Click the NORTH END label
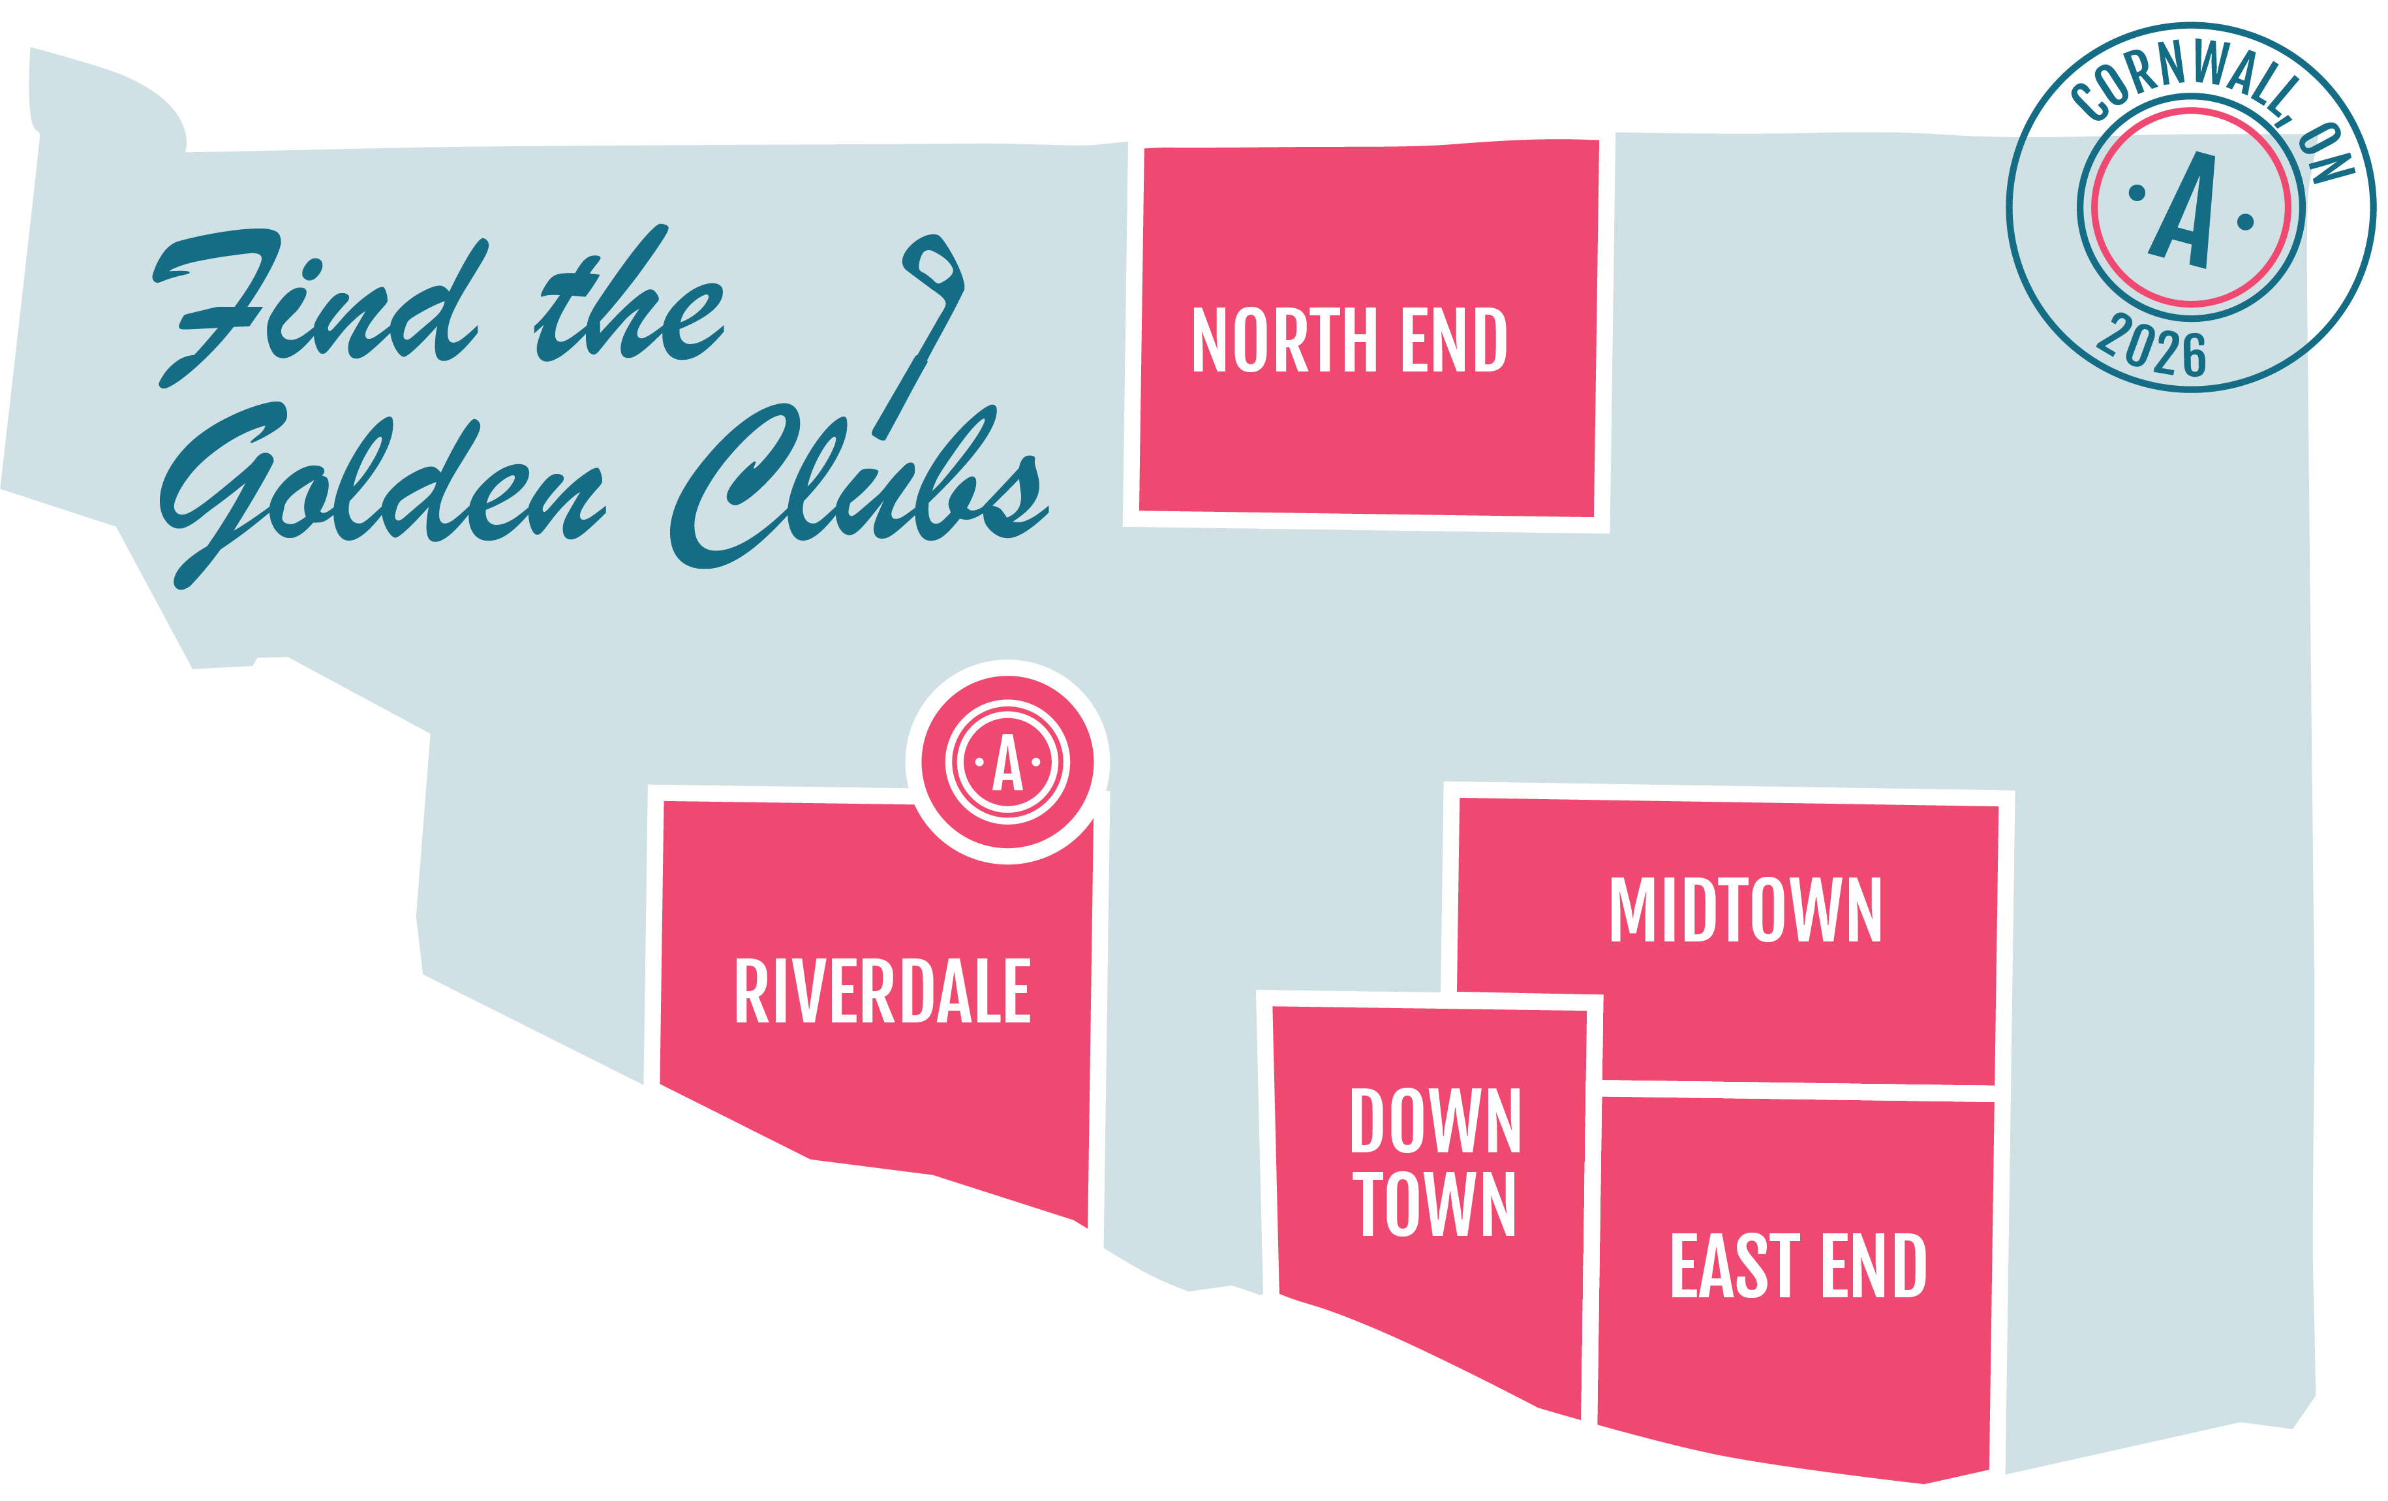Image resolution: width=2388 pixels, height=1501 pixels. (1349, 340)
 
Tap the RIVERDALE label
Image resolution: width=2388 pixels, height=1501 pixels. (883, 990)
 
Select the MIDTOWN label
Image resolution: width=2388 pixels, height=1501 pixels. (1745, 909)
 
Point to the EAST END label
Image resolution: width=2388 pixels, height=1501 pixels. (1798, 1265)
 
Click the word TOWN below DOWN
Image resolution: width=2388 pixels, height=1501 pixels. (1434, 1203)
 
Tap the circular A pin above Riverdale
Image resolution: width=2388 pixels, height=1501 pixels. (1007, 762)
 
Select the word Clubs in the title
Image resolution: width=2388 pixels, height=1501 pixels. (859, 486)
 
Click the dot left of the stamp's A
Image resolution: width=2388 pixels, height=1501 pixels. (2137, 193)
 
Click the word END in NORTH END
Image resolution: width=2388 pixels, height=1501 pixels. (1454, 340)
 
